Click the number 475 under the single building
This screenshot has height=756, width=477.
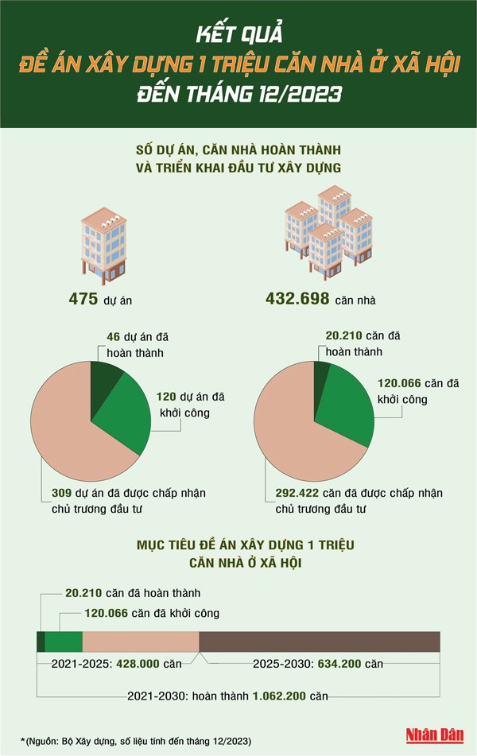pyautogui.click(x=83, y=299)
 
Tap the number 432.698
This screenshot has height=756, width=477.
pyautogui.click(x=300, y=299)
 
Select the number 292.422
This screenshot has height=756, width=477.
pyautogui.click(x=292, y=493)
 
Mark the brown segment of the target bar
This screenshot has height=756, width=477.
pyautogui.click(x=319, y=642)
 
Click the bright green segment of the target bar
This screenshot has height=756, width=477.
pyautogui.click(x=64, y=642)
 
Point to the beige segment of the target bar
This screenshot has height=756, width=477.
pyautogui.click(x=140, y=642)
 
